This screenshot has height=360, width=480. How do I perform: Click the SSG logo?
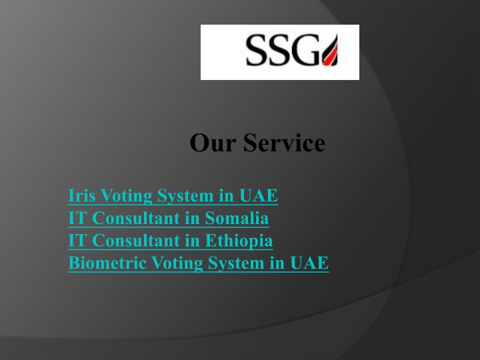(280, 52)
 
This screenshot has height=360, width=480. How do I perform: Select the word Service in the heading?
(284, 143)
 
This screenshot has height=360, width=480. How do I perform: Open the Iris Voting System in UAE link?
(173, 195)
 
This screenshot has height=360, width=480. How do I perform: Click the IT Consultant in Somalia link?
(169, 218)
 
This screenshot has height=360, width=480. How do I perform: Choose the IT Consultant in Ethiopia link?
(170, 241)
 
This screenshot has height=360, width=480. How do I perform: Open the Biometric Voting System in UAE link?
(199, 263)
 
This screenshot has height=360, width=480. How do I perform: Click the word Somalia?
(237, 218)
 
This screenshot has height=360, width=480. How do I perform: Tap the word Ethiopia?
(239, 241)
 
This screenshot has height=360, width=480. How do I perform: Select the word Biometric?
(107, 263)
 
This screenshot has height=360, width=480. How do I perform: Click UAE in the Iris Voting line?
(259, 195)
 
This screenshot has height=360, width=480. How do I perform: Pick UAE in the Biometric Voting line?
(309, 263)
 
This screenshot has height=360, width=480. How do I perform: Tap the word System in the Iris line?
(185, 196)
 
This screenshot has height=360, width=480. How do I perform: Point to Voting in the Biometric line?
(177, 263)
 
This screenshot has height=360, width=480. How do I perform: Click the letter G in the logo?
(306, 50)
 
